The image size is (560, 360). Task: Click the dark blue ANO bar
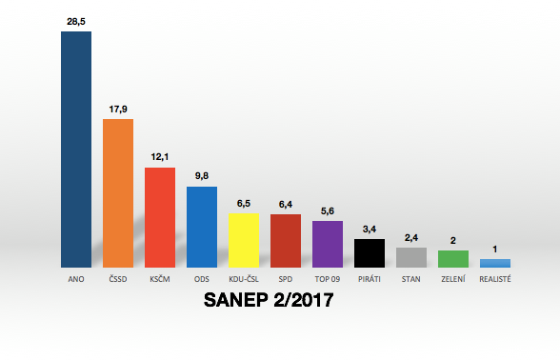pos(75,150)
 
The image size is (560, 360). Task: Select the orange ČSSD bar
pos(117,193)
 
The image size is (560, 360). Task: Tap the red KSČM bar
pos(159,217)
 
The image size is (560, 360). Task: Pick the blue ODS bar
pos(201,227)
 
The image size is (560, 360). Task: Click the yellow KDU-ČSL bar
pos(243,240)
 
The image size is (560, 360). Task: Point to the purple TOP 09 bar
pos(327,244)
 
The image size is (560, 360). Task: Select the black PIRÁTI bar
pos(369,253)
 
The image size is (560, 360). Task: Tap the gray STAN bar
pos(410,257)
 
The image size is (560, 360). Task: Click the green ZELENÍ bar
pos(452,258)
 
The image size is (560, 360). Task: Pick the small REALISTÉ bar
pos(494,263)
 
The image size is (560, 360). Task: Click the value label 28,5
pos(76,20)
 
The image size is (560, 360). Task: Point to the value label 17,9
pos(118,109)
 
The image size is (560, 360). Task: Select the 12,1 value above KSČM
pos(160,156)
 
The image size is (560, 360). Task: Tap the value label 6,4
pos(286,203)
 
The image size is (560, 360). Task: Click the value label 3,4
pos(370,229)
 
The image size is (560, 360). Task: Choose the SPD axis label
pos(285,280)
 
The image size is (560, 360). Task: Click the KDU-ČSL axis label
pos(243,280)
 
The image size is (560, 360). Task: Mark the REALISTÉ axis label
pos(494,280)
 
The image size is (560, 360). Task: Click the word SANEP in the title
pos(240,301)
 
